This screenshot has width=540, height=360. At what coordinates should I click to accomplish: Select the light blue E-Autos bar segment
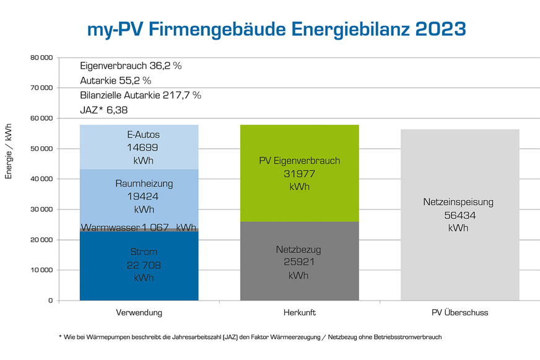[139, 147]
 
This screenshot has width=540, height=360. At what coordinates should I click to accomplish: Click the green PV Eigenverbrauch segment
[299, 173]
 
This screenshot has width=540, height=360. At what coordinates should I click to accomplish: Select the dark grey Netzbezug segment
[299, 261]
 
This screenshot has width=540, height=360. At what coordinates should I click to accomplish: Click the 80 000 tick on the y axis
[41, 58]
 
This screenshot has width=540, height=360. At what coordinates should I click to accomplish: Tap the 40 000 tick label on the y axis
[41, 179]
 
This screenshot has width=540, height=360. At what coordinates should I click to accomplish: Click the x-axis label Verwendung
[139, 313]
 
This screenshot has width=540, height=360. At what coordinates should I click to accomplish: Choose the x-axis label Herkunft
[299, 313]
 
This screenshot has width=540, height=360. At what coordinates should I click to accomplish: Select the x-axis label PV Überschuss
[459, 313]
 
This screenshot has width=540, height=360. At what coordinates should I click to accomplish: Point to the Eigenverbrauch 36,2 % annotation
[131, 65]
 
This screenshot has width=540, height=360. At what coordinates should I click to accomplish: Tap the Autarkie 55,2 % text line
[116, 81]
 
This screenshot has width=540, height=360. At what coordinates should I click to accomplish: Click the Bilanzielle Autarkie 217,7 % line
[141, 95]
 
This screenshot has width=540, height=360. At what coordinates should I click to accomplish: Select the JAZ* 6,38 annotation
[104, 110]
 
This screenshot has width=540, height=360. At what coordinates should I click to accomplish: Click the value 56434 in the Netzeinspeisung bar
[459, 215]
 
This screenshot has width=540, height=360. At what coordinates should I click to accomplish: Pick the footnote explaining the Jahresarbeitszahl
[250, 337]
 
